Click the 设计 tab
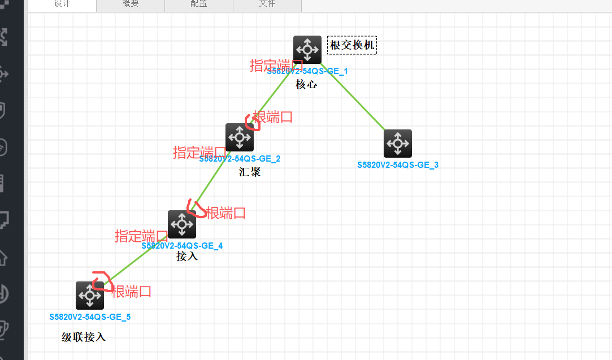tap(62, 5)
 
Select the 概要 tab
tap(130, 5)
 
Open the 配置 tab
tap(198, 5)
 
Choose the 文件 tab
tap(267, 5)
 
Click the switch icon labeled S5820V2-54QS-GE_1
tap(307, 50)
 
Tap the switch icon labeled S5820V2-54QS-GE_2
tap(239, 137)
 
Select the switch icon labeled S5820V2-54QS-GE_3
tap(397, 144)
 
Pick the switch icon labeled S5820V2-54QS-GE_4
tap(181, 224)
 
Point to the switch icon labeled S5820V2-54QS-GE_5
tap(89, 296)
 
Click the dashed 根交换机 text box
tap(352, 45)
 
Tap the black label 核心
tap(306, 85)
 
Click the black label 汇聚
tap(249, 172)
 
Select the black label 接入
tap(187, 256)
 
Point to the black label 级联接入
tap(84, 337)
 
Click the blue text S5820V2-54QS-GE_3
tap(398, 165)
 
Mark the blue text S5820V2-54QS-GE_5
tap(90, 317)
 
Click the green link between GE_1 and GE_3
tap(353, 99)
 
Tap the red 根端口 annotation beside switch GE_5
tap(132, 292)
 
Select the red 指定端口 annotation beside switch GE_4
tap(141, 236)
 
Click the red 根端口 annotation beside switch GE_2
tap(273, 117)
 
